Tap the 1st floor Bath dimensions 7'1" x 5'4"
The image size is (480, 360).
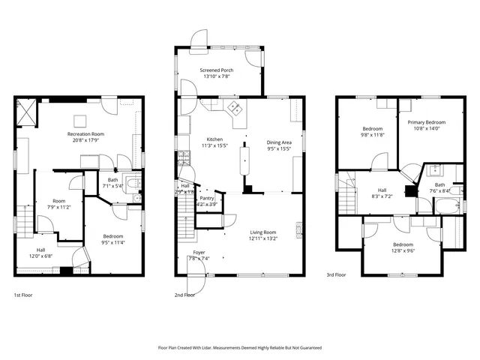click(x=112, y=185)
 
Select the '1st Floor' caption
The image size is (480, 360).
click(x=23, y=295)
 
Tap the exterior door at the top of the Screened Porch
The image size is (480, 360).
click(x=199, y=37)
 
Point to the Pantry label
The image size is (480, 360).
click(x=206, y=198)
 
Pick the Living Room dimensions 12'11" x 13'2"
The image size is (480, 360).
click(x=262, y=238)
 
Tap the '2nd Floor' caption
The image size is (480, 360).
click(x=184, y=295)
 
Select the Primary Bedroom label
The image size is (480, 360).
click(x=426, y=121)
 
